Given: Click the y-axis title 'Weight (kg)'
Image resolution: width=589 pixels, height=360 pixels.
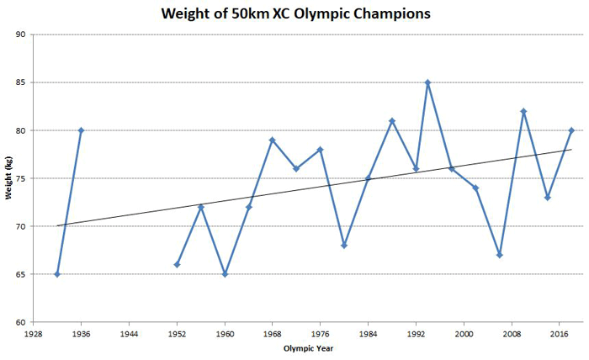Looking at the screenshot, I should click(x=8, y=177).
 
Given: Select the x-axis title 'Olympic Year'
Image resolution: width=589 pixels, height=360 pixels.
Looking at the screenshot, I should click(x=307, y=347).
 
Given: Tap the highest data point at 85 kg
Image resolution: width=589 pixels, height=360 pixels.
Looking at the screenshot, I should click(x=427, y=82).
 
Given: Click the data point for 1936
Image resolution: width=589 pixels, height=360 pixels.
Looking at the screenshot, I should click(x=81, y=130).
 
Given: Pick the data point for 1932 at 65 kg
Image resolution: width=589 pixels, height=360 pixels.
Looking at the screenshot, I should click(x=57, y=274).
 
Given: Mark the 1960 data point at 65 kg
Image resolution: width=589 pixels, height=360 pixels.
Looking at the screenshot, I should click(x=225, y=274).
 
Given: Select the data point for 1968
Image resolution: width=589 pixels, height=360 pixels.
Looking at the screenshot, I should click(x=273, y=140).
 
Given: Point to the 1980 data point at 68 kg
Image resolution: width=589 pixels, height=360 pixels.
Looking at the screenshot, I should click(x=344, y=246).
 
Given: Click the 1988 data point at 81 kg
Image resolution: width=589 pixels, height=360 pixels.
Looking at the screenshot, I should click(x=392, y=120).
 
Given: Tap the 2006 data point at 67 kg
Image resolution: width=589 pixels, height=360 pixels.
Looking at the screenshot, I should click(x=500, y=255).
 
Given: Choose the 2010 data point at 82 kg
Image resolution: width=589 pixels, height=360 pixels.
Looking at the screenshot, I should click(x=523, y=111).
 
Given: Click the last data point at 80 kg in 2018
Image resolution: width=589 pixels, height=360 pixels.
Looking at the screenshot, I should click(x=571, y=130).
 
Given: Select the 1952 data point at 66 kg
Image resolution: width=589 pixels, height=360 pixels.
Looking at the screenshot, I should click(x=177, y=265).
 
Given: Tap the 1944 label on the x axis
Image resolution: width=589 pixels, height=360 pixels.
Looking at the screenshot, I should click(x=129, y=333).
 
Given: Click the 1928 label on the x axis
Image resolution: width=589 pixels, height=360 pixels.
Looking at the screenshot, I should click(x=34, y=333).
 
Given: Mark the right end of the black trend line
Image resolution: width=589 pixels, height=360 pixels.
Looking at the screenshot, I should click(x=571, y=149).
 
